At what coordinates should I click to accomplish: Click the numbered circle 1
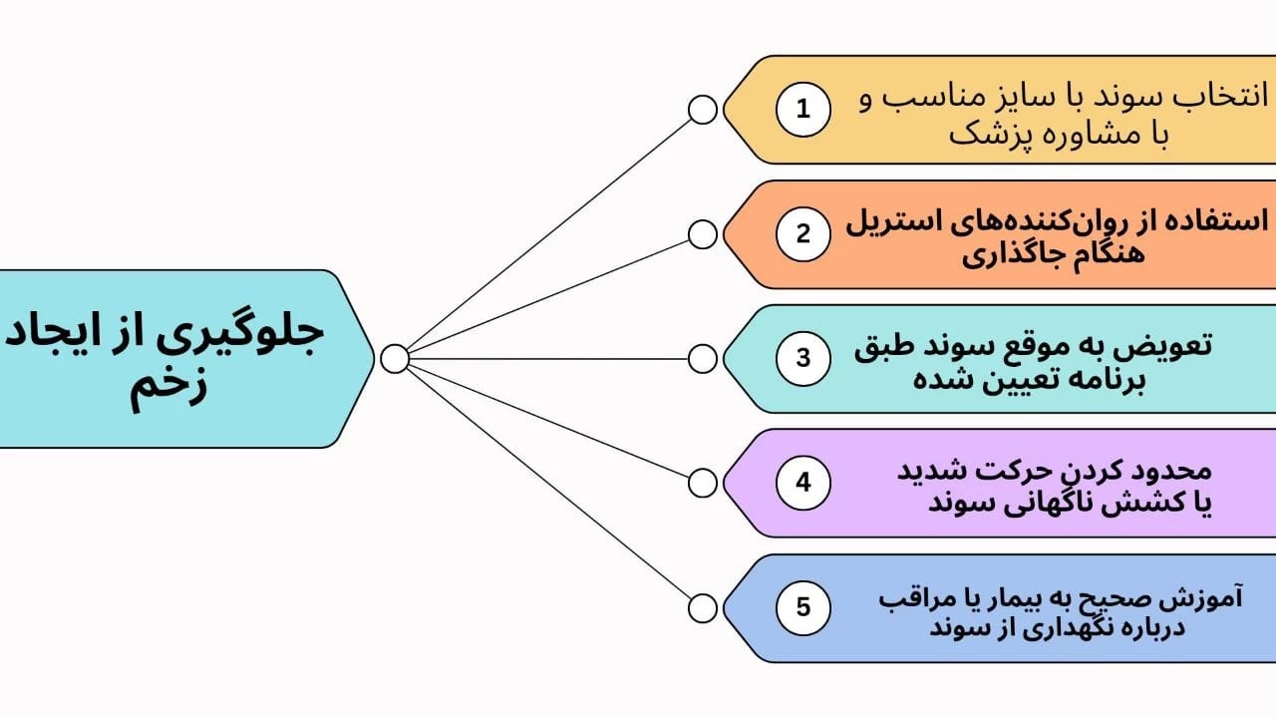[x=803, y=109]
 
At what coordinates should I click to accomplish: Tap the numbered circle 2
[x=803, y=233]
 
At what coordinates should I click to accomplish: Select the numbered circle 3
[x=803, y=358]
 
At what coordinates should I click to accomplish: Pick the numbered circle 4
[x=803, y=484]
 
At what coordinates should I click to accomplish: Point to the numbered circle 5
[x=803, y=607]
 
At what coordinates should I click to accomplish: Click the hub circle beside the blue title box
[x=395, y=358]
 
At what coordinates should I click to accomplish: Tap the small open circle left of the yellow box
[x=703, y=110]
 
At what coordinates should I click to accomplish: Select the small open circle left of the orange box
[x=703, y=234]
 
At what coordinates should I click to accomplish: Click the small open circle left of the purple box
[x=703, y=484]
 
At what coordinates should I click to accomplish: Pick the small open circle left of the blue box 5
[x=703, y=608]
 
